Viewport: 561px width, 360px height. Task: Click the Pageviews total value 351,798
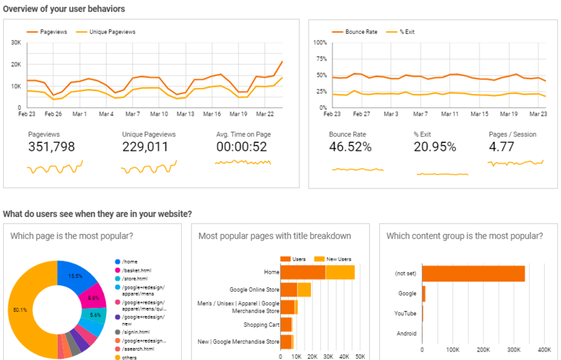pyautogui.click(x=55, y=147)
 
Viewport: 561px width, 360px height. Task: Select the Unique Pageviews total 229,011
pyautogui.click(x=149, y=147)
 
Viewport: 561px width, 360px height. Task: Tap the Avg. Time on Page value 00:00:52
pyautogui.click(x=242, y=147)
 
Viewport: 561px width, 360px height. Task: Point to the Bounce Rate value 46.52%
pyautogui.click(x=351, y=147)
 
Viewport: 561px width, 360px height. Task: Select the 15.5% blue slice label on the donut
pyautogui.click(x=74, y=276)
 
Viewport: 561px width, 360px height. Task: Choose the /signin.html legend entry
pyautogui.click(x=134, y=331)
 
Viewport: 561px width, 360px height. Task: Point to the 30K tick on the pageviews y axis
pyautogui.click(x=16, y=43)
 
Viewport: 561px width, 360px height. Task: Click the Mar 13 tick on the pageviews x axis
pyautogui.click(x=186, y=114)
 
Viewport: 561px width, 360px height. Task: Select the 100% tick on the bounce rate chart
pyautogui.click(x=319, y=43)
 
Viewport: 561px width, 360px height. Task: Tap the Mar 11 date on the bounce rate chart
pyautogui.click(x=451, y=114)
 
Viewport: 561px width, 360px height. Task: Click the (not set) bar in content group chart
pyautogui.click(x=473, y=274)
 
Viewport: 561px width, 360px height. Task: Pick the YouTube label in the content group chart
pyautogui.click(x=405, y=313)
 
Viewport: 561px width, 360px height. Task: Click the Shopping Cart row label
pyautogui.click(x=261, y=325)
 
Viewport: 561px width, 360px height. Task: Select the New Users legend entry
pyautogui.click(x=336, y=259)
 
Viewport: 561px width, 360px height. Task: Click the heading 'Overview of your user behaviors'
pyautogui.click(x=64, y=9)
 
